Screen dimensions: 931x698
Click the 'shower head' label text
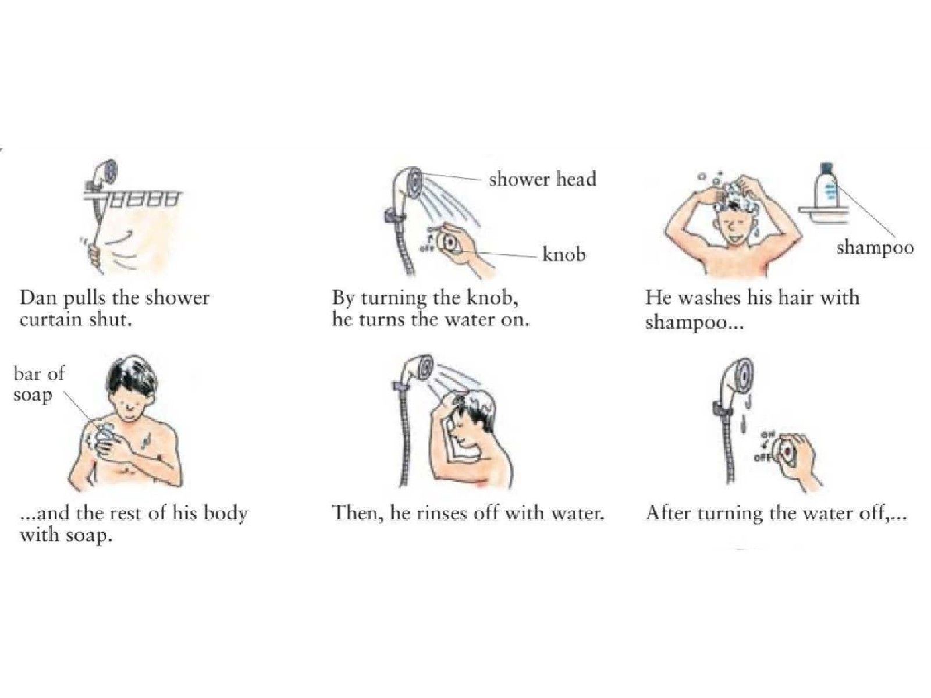(x=542, y=179)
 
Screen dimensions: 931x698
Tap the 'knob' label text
(x=564, y=254)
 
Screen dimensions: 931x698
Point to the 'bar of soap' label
(x=38, y=384)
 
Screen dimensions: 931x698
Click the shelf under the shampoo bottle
(x=823, y=215)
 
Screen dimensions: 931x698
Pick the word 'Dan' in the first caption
(x=38, y=298)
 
